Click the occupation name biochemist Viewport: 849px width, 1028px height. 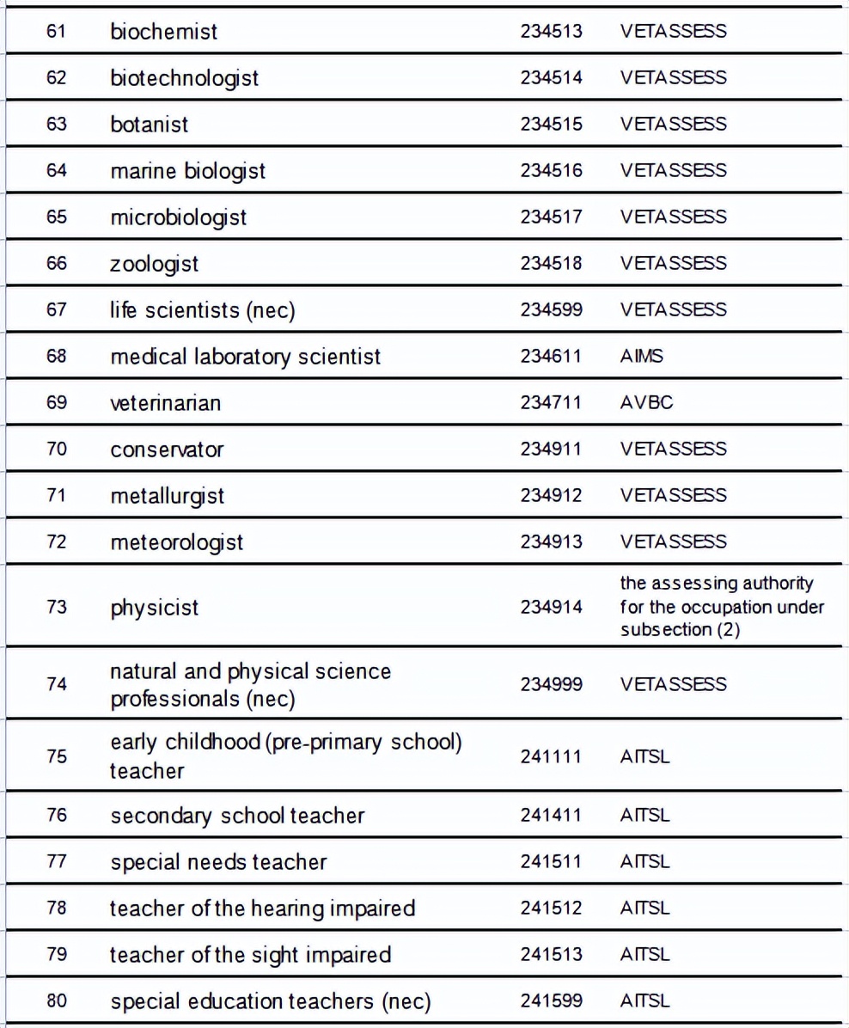coord(163,32)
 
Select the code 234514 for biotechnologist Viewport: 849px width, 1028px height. coord(551,78)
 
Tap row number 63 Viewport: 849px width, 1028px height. coord(57,125)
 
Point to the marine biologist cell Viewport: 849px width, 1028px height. coord(187,171)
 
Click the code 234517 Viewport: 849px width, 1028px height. coord(551,217)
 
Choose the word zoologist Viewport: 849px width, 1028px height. coord(154,264)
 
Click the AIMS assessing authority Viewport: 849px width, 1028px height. coord(641,357)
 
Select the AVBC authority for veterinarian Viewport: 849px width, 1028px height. coord(646,403)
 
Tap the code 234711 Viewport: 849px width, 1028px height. coord(551,403)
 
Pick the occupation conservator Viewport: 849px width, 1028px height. coord(167,450)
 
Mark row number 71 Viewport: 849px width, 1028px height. coord(57,496)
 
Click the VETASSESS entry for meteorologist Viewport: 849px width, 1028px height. coord(673,542)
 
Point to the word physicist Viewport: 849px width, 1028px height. coord(154,608)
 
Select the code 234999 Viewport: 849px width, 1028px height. coord(551,685)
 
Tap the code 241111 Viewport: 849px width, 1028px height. coord(551,757)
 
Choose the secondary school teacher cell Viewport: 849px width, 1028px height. coord(237,816)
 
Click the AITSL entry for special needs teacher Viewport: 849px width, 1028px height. coord(644,862)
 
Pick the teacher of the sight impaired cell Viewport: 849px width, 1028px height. coord(250,955)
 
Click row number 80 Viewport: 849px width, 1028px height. coord(57,1001)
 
